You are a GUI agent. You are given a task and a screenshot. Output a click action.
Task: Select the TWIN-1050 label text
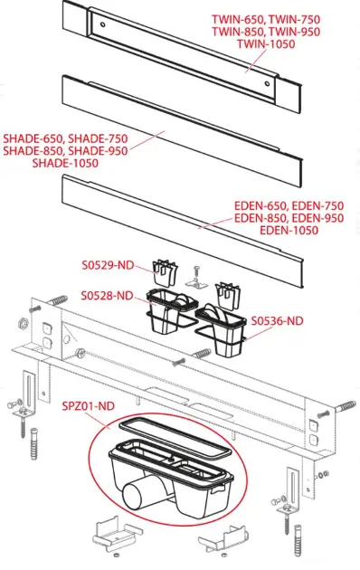(266, 44)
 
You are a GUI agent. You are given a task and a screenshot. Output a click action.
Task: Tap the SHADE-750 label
(98, 138)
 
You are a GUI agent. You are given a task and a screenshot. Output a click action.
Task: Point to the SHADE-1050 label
(65, 163)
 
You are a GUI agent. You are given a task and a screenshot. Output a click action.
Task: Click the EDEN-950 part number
(317, 218)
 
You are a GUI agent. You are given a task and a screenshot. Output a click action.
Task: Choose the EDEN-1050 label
(289, 230)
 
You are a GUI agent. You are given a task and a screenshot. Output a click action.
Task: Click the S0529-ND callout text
(108, 265)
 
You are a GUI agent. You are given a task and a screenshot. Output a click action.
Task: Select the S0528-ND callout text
(107, 296)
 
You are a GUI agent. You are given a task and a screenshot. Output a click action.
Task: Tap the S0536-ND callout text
(277, 321)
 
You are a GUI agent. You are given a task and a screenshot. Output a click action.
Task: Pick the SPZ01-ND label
(89, 405)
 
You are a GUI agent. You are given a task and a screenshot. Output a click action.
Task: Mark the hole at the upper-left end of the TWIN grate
(103, 24)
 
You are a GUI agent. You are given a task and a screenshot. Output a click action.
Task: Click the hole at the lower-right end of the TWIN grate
(268, 83)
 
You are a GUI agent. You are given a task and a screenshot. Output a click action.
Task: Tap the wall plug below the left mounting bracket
(33, 444)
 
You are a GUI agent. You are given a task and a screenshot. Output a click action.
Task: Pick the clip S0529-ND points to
(165, 272)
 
